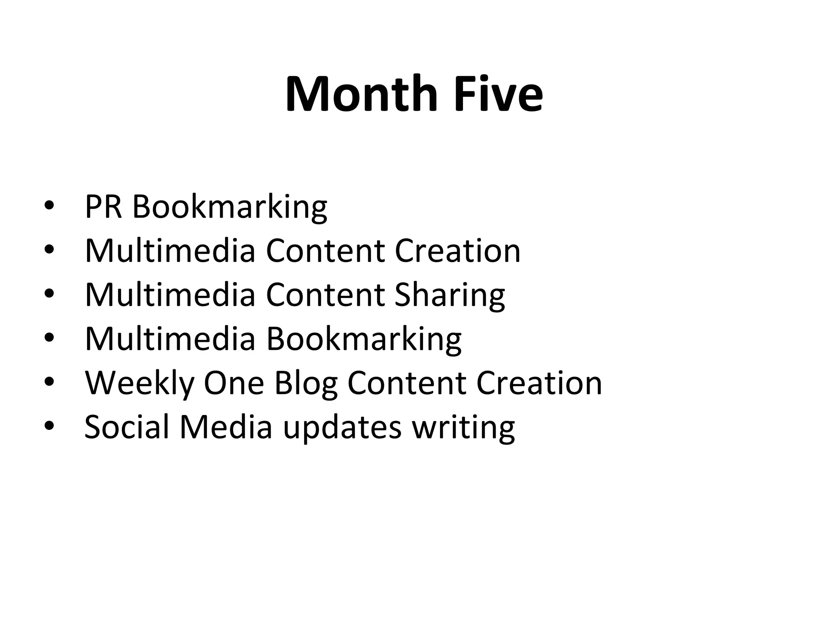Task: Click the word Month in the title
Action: (x=361, y=94)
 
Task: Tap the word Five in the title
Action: (x=499, y=94)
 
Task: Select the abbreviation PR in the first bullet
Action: (x=103, y=207)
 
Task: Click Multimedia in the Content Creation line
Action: (x=170, y=251)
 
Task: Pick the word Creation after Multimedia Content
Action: (x=457, y=251)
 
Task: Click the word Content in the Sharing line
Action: (x=325, y=295)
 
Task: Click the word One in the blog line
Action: (x=234, y=383)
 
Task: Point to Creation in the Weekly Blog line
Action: (x=539, y=383)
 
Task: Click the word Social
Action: (x=127, y=427)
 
